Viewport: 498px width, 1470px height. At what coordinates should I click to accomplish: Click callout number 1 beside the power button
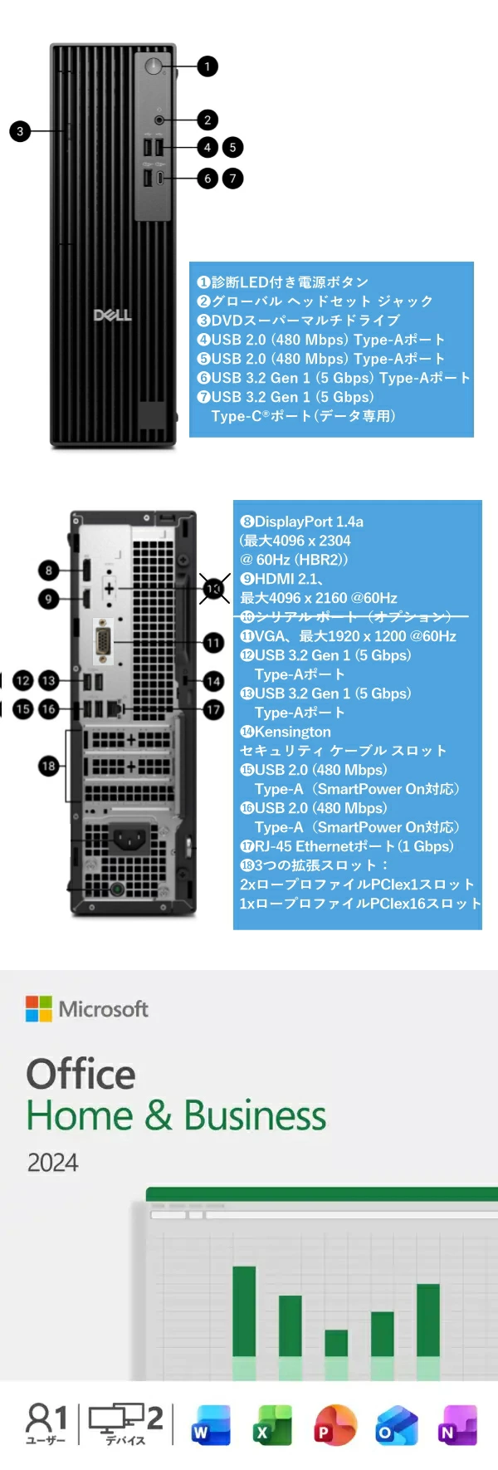[207, 66]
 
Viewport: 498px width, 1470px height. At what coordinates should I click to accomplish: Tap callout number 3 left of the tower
[20, 130]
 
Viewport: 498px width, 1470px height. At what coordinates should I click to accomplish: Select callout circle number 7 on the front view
[233, 178]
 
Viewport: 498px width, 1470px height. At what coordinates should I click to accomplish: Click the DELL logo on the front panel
[112, 315]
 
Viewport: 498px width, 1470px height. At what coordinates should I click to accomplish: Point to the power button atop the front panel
[154, 66]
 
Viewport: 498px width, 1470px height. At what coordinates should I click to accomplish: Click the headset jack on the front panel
[159, 120]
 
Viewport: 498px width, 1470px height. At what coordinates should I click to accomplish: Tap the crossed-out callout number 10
[214, 588]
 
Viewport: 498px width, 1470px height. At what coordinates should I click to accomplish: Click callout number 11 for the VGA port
[214, 642]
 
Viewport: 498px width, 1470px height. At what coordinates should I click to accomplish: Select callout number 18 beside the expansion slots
[48, 766]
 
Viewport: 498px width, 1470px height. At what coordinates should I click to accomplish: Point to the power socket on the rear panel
[130, 837]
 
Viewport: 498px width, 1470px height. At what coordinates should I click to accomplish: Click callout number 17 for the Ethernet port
[214, 709]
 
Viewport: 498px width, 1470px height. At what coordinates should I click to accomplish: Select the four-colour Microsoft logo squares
[39, 1008]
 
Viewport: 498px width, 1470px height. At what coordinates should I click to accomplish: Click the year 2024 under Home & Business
[52, 1163]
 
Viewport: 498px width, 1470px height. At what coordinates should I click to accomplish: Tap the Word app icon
[211, 1425]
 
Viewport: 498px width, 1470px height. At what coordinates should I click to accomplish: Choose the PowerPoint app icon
[334, 1425]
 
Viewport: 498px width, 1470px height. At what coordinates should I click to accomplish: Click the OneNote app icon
[457, 1425]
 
